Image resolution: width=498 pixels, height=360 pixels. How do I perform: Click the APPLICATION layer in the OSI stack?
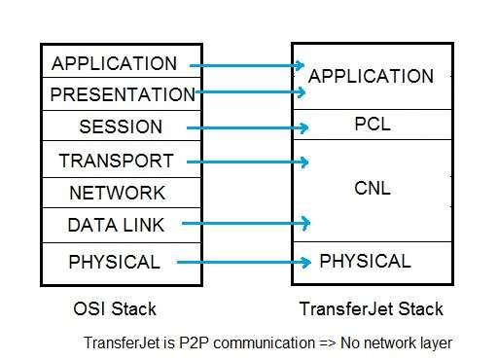(x=115, y=64)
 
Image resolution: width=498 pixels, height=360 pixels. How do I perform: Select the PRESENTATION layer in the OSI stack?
(x=123, y=95)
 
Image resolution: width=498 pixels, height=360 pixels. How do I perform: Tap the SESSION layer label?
(x=121, y=127)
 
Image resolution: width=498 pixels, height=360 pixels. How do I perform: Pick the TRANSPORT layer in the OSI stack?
(x=116, y=161)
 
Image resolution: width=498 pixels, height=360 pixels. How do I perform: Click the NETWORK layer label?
(x=117, y=193)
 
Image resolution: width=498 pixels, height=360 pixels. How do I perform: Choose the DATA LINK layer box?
(x=116, y=225)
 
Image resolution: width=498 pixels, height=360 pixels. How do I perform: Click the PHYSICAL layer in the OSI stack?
(x=114, y=262)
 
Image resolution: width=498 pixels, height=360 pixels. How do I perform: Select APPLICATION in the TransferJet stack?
(x=371, y=76)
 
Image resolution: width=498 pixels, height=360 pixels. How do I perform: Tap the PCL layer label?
(x=371, y=125)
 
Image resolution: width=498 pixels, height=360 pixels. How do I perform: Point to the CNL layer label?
(x=371, y=189)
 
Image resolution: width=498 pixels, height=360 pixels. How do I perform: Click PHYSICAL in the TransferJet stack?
(x=365, y=261)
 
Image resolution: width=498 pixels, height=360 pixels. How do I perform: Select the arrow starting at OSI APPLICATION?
(x=247, y=65)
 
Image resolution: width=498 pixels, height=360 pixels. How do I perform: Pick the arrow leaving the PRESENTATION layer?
(x=253, y=92)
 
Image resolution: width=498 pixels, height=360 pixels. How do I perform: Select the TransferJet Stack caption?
(x=370, y=309)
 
